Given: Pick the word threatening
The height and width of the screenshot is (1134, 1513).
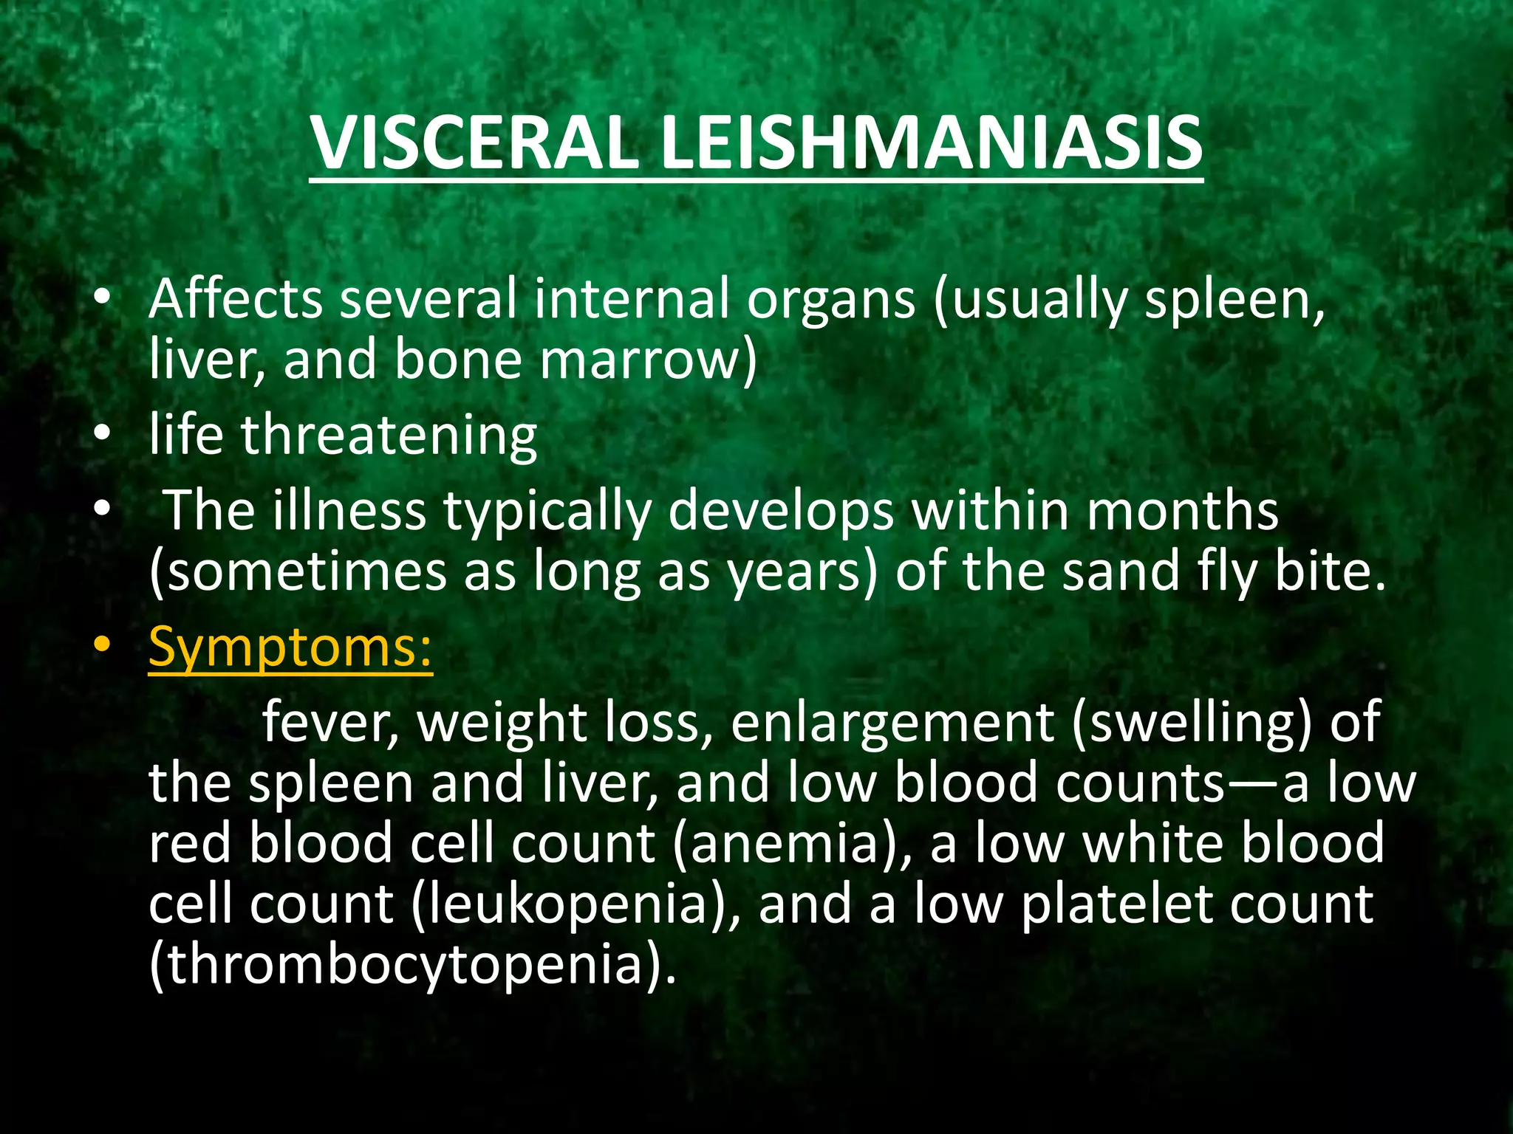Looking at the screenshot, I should tap(389, 436).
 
